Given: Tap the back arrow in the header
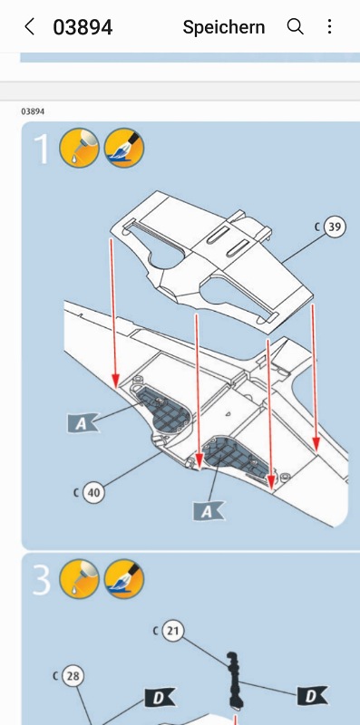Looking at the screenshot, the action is pos(29,27).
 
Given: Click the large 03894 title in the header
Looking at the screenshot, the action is pos(83,27).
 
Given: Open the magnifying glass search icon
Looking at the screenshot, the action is pos(296,27).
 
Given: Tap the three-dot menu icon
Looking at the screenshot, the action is pos(329,27).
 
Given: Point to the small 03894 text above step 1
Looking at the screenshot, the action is pos(33,111).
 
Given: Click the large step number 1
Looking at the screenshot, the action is pos(42,148).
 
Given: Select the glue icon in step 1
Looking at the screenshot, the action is pos(79,148).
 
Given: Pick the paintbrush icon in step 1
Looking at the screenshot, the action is pos(124,148).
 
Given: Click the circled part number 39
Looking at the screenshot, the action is pos(335,227).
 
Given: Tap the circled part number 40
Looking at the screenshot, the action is pos(93,493).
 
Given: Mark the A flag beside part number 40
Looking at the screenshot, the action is pos(82,423).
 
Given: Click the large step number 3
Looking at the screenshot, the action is pos(41,579).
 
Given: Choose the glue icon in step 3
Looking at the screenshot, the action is pos(79,579).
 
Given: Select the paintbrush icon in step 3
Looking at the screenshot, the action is pos(124,579).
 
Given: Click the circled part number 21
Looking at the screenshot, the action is pos(172,631).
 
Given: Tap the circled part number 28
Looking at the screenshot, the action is pos(73,676).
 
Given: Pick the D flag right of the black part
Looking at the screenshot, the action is pos(312,696).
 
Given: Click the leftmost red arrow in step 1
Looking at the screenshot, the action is pos(113,313).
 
